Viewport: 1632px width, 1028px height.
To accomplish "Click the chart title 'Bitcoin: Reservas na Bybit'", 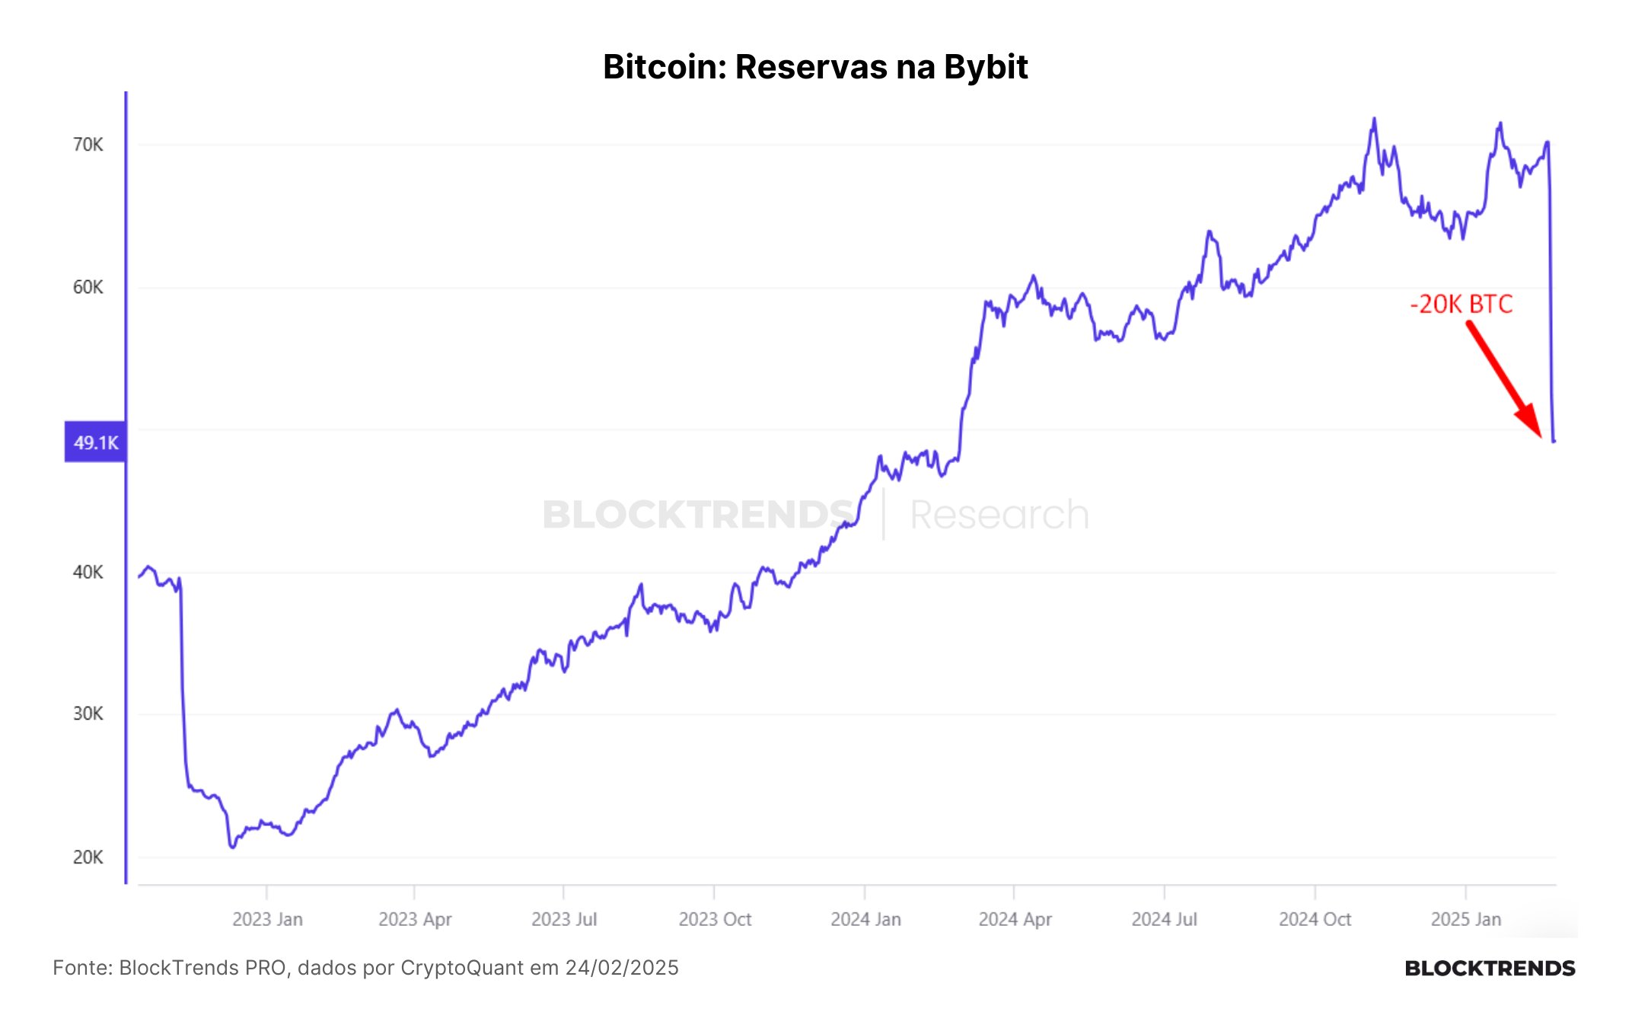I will [x=815, y=67].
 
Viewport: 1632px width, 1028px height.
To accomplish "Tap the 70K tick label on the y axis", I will [x=88, y=145].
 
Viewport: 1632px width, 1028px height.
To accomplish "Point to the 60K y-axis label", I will [x=88, y=287].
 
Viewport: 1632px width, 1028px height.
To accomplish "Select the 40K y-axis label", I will [x=88, y=572].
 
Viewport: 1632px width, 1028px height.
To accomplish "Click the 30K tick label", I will [x=88, y=714].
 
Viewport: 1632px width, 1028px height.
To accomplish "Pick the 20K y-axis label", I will [x=88, y=857].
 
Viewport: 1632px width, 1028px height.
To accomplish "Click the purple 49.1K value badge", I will [x=95, y=442].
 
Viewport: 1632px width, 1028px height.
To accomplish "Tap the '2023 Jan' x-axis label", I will [x=267, y=919].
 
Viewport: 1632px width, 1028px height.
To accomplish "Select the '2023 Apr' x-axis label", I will [x=415, y=919].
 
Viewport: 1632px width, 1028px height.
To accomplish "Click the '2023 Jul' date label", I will [x=564, y=919].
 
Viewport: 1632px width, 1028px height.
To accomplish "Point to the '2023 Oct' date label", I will [x=715, y=919].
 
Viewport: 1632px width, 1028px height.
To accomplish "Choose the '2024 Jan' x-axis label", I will [x=865, y=919].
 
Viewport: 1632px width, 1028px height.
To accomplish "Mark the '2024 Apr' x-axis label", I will [x=1015, y=919].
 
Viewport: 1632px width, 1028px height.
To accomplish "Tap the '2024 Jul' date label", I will [x=1164, y=919].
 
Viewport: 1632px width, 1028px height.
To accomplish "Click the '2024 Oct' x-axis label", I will [x=1315, y=919].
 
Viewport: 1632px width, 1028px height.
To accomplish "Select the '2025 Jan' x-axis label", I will [x=1465, y=919].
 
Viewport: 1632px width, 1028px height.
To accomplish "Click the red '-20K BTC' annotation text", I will [x=1461, y=304].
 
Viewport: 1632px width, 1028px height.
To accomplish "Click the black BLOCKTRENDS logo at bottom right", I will [x=1490, y=968].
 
